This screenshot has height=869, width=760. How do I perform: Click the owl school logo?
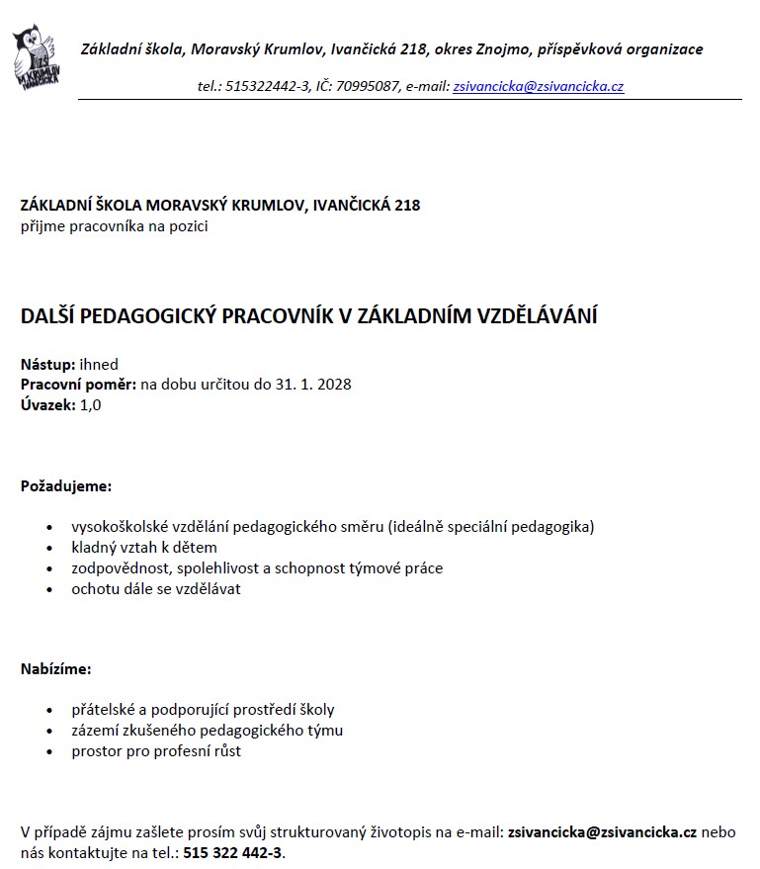coord(34,58)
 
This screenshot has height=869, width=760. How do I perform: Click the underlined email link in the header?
coord(538,87)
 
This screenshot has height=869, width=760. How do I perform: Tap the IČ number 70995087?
coord(370,87)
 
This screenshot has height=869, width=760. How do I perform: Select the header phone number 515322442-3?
coord(267,87)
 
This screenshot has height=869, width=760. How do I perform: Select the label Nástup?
coord(47,365)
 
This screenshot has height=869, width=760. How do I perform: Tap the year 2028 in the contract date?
coord(334,385)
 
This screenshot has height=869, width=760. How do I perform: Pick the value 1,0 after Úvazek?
coord(90,404)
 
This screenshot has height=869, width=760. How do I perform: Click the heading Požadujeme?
coord(66,486)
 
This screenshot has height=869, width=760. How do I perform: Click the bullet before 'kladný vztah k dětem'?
coord(50,548)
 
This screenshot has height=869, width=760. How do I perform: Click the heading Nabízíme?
coord(56,669)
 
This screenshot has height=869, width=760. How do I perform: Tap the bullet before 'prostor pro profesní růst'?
coord(50,751)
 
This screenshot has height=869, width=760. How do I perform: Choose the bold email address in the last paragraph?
coord(603,832)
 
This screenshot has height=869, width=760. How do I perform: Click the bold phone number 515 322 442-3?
coord(233,852)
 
